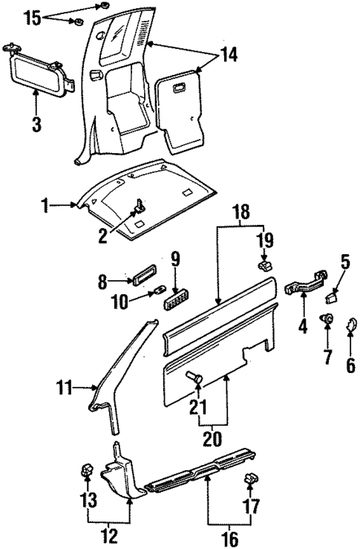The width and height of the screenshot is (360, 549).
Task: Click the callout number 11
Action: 64,386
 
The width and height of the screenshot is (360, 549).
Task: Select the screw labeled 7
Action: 327,319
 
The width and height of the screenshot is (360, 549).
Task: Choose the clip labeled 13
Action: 86,469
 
